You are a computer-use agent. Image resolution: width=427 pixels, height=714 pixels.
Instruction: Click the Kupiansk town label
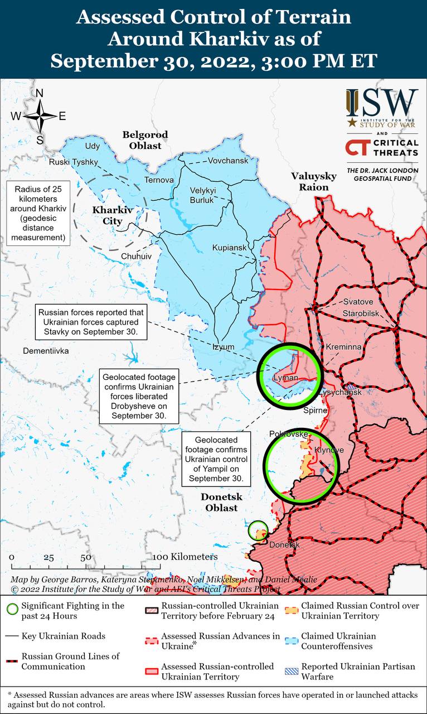229,248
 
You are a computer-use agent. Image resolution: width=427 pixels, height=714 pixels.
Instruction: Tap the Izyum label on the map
224,347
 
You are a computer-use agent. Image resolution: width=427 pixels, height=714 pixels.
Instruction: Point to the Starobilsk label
361,313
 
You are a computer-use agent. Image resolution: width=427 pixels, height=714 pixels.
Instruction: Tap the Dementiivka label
46,351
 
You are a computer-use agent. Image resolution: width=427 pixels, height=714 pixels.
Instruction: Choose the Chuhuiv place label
136,256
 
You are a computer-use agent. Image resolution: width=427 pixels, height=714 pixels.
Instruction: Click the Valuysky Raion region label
314,182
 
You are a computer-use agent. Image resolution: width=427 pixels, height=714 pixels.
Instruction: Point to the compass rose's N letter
40,94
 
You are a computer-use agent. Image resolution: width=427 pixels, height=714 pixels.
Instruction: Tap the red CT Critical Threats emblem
356,148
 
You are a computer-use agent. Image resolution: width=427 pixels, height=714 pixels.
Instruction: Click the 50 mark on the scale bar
86,557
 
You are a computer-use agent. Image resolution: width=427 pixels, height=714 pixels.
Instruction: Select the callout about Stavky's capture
91,322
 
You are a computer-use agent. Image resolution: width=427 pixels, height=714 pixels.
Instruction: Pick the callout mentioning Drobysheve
138,394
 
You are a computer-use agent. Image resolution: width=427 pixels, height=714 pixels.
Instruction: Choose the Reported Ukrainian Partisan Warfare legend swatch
290,671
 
